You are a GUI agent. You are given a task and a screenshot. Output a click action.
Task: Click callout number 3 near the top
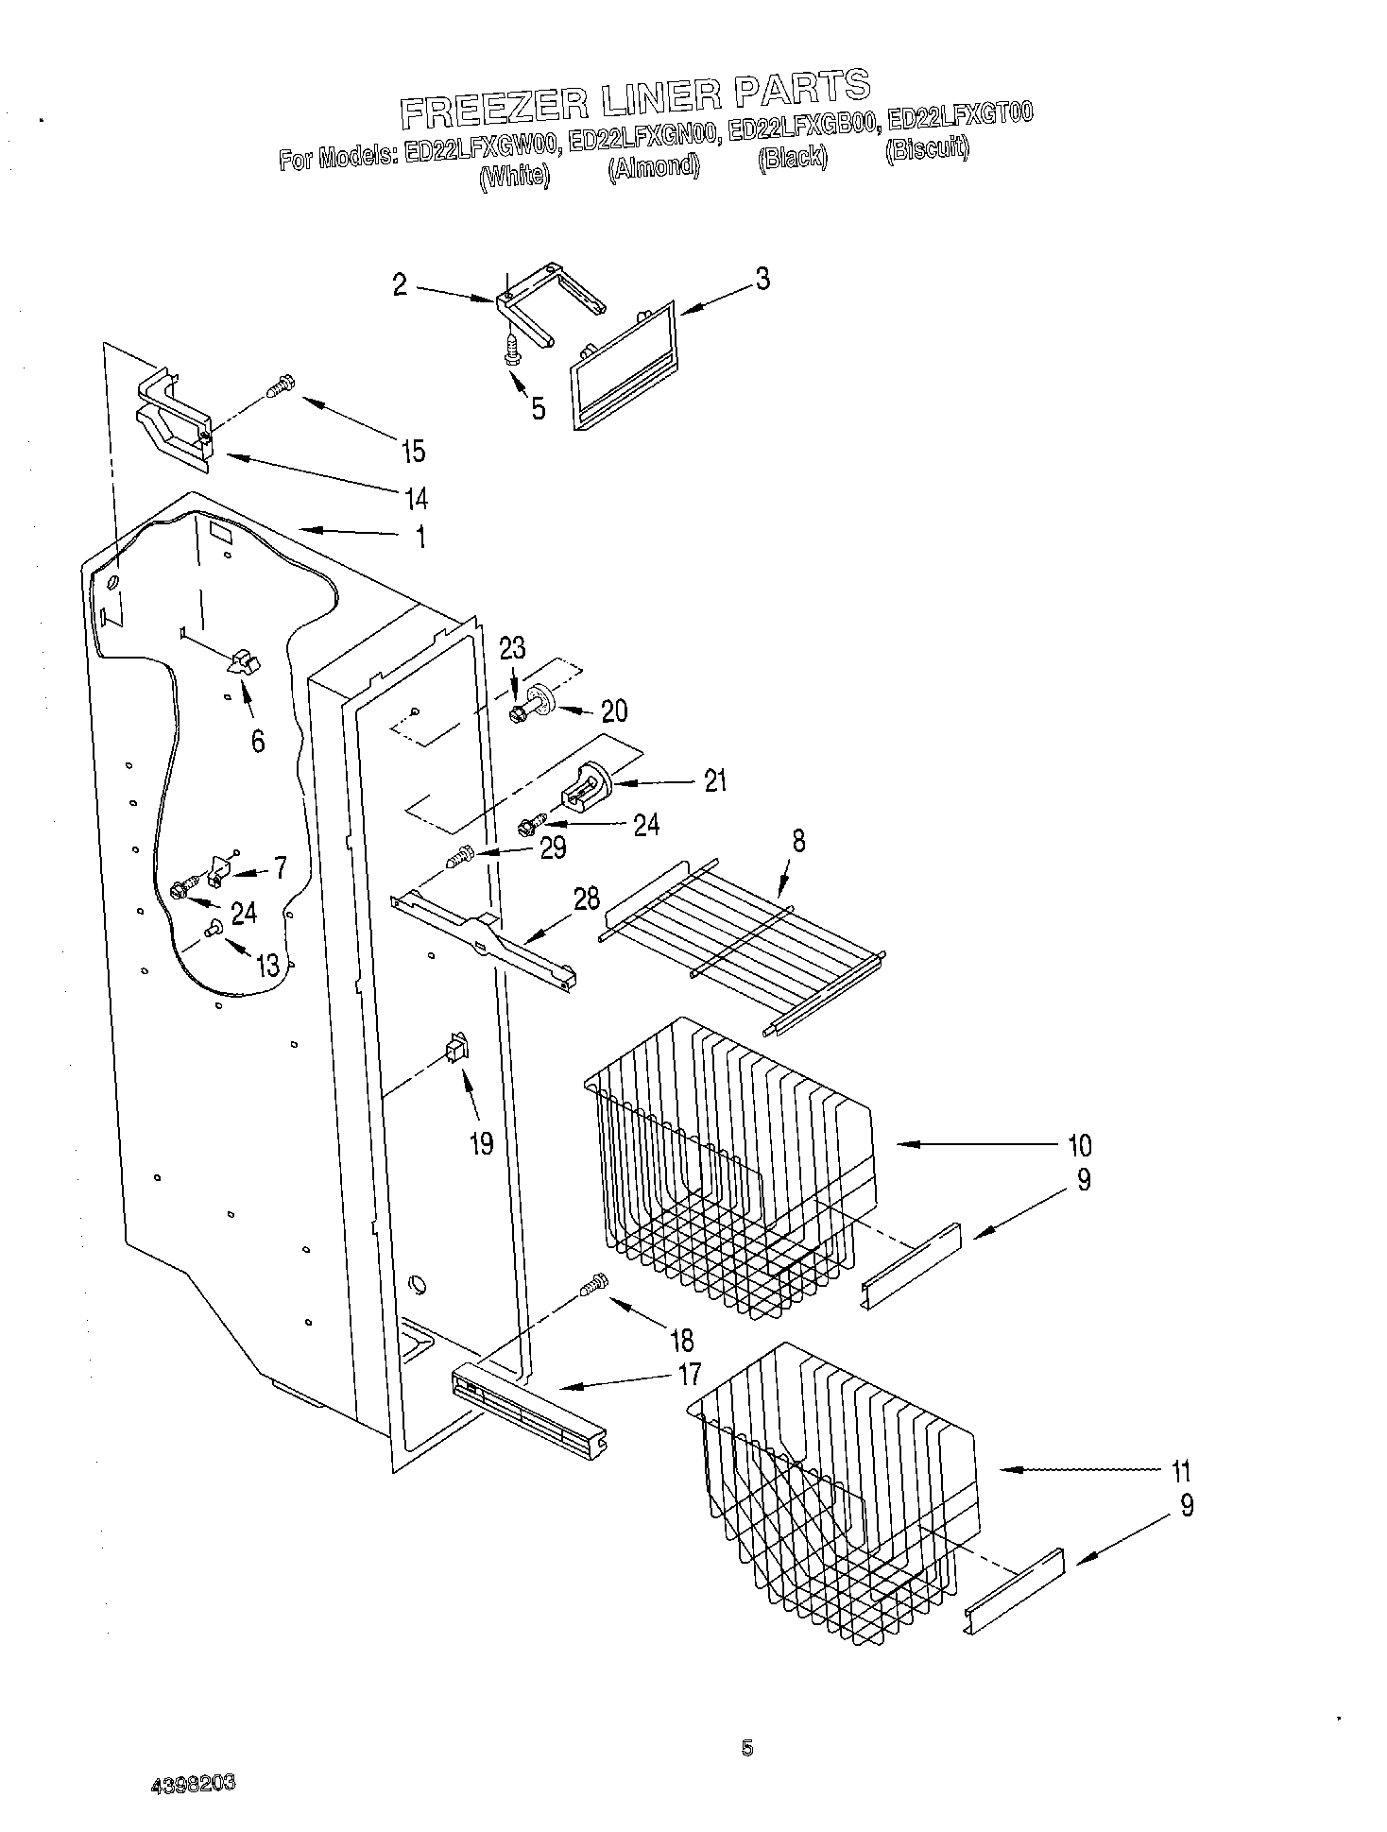click(x=762, y=280)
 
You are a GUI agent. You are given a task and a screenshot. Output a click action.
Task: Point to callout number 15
click(x=413, y=451)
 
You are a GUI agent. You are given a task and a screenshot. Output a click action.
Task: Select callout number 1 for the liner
click(x=420, y=538)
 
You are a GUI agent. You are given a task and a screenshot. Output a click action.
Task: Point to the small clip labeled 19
click(x=456, y=1049)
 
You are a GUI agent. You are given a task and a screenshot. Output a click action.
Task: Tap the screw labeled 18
click(x=594, y=1285)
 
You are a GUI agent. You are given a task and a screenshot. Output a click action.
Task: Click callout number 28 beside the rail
click(x=587, y=899)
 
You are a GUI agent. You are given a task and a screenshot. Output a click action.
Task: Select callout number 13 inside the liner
click(x=267, y=965)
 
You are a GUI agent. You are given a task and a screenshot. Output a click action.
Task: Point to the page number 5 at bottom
click(x=747, y=1749)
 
